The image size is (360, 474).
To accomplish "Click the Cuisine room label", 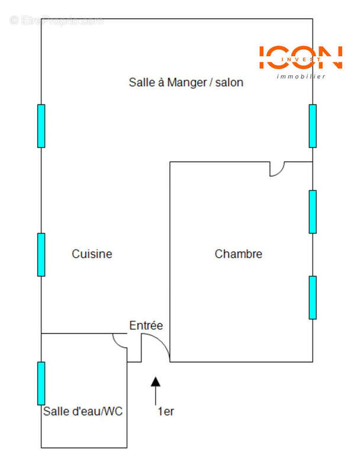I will [x=92, y=254].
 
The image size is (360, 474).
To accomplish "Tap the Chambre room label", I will [x=238, y=254].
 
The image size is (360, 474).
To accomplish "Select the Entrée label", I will [x=146, y=325].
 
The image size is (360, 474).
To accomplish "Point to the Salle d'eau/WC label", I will [x=82, y=411].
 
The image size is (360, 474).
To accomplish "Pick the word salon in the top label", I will [x=229, y=82].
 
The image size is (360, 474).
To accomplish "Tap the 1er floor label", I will [x=165, y=411].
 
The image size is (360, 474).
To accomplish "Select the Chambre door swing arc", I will [x=276, y=170].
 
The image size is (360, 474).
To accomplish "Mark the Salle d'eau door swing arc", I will [x=119, y=341].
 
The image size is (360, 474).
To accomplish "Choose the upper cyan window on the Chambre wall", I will [x=313, y=212].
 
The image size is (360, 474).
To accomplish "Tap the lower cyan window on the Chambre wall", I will [x=313, y=297].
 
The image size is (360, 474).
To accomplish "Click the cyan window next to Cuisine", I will [x=41, y=254].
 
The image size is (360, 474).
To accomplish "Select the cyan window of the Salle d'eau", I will [x=41, y=383].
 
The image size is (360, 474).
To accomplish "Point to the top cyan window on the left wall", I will [x=41, y=126].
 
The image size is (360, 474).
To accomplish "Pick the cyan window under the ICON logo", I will [x=313, y=126].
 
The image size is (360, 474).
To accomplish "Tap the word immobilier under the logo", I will [x=301, y=76].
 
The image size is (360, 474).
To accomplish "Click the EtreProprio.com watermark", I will [x=57, y=21].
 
